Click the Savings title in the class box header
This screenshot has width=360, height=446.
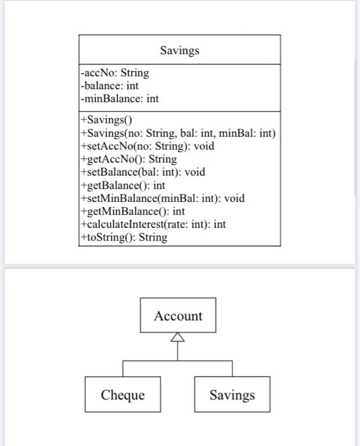coord(179,50)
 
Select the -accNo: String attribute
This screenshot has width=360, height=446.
coord(115,73)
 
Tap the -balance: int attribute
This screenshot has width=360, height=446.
coord(109,85)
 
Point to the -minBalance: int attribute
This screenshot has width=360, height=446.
coord(119,98)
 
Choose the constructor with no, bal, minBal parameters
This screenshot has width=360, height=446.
coord(178,133)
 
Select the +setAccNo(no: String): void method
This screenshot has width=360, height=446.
coord(147,146)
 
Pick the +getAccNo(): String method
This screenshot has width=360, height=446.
coord(128,159)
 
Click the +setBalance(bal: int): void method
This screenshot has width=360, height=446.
coord(143,172)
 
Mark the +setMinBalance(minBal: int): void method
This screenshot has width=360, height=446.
coord(162,198)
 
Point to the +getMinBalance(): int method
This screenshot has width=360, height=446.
coord(133,211)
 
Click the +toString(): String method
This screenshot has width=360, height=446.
coord(124,237)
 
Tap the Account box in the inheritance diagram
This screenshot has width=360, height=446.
coord(178,316)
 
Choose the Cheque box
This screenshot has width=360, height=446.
coord(122,395)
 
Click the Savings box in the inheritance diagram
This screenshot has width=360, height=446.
coord(232,395)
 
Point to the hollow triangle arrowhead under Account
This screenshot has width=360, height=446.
coord(178,337)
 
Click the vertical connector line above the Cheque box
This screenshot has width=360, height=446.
coord(123,368)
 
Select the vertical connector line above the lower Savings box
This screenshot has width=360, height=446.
coord(232,368)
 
